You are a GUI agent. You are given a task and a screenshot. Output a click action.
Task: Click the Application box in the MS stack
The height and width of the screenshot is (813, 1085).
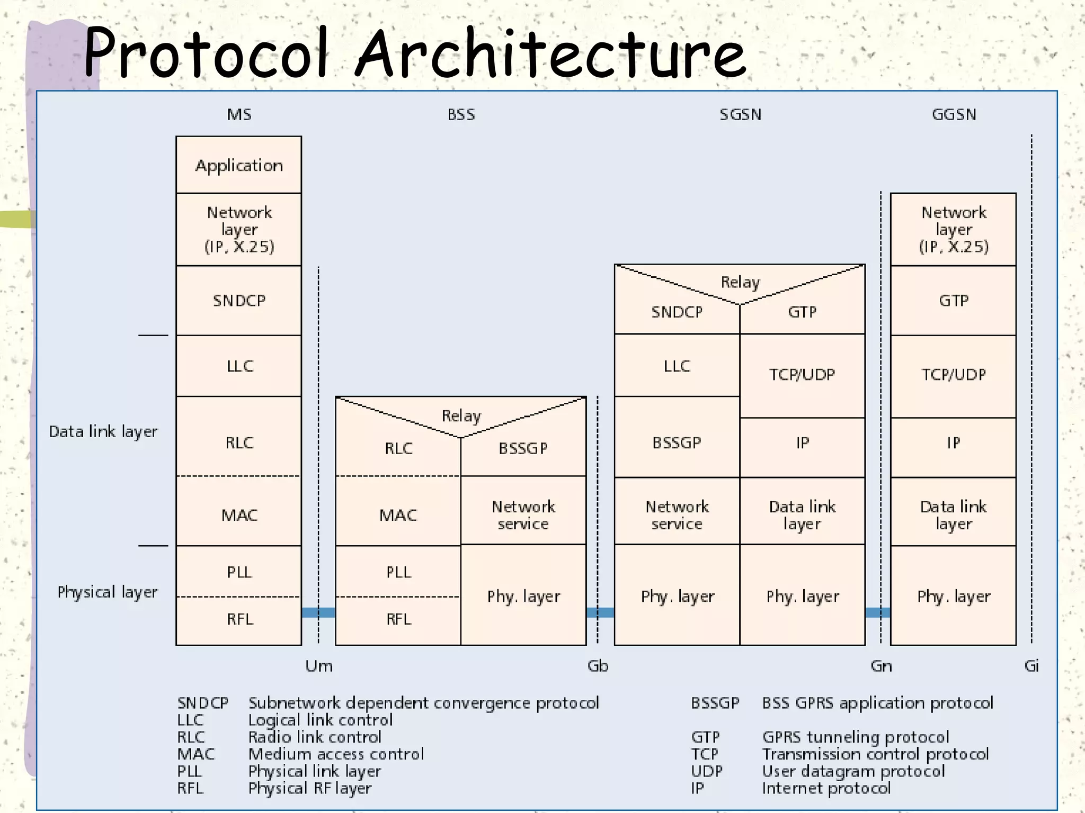[239, 165]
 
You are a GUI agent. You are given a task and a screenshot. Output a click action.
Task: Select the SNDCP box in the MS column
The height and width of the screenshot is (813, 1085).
[239, 301]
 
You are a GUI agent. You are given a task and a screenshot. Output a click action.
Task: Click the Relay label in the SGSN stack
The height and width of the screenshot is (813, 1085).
[740, 282]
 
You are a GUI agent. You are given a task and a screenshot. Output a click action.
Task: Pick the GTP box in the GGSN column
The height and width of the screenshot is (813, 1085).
[953, 301]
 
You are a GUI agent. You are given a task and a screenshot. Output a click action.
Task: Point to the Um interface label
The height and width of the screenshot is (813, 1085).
[319, 666]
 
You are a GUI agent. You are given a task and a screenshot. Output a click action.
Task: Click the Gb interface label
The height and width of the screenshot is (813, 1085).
[598, 666]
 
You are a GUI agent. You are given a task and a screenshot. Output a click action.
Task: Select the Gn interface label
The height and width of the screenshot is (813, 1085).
[881, 666]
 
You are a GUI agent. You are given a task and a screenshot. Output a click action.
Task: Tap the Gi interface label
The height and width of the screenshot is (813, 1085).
[1031, 666]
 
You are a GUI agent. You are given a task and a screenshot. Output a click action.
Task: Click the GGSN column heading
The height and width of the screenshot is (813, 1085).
[954, 115]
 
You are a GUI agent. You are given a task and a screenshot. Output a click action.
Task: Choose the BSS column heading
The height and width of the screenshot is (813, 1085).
[461, 115]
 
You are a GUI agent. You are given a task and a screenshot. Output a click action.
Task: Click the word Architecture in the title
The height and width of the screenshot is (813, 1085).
[551, 53]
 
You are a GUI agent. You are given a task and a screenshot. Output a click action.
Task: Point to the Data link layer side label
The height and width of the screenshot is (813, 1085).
[103, 432]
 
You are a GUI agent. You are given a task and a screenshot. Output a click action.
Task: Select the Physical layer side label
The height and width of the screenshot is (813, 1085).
[108, 592]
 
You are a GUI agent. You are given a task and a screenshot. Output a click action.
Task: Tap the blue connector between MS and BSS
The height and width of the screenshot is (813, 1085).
[318, 613]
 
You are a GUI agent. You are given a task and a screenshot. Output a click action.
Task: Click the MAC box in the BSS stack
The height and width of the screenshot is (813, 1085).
[398, 515]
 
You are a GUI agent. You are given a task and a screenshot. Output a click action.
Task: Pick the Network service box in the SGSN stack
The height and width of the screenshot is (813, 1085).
[677, 515]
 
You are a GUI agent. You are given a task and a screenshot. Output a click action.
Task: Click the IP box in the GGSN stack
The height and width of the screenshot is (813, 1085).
[953, 443]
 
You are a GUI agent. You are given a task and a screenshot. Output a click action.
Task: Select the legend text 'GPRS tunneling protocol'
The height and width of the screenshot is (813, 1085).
[855, 737]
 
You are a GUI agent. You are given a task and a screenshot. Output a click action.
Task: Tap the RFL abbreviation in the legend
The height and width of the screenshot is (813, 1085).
[190, 788]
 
